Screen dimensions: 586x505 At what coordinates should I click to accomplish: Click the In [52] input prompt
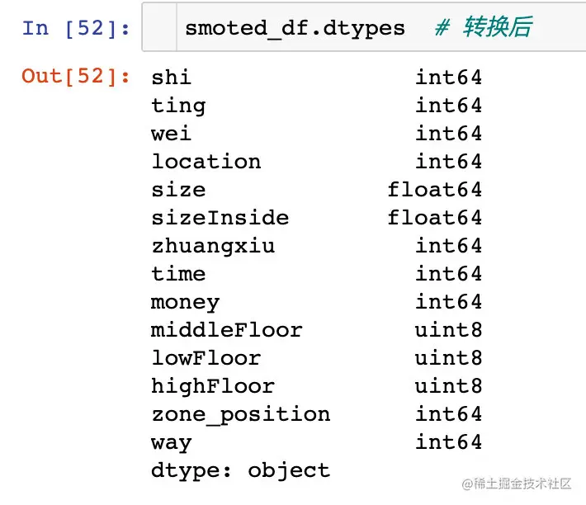point(76,28)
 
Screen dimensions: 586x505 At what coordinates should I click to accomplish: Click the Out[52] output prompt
point(76,77)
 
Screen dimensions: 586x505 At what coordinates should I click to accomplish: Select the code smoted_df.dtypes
point(295,28)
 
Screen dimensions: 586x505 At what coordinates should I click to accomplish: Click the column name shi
point(171,78)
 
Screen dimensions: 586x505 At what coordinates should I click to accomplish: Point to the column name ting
point(178,106)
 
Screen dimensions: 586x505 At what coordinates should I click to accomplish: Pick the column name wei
point(171,134)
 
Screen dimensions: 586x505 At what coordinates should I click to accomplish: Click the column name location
point(206,162)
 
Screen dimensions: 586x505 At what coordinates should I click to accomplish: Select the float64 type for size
point(435,190)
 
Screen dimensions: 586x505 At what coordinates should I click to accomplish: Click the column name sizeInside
point(220,218)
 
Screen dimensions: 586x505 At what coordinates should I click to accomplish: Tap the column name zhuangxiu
point(213,246)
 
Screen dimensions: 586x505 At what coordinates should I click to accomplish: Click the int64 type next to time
point(448,274)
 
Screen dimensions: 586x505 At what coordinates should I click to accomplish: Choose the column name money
point(185,302)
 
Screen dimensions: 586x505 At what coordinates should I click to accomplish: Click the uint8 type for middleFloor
point(448,330)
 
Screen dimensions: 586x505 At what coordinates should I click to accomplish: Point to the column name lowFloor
point(206,358)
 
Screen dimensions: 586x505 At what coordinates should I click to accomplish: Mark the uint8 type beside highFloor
point(448,386)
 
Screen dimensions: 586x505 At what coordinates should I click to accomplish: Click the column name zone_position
point(240,414)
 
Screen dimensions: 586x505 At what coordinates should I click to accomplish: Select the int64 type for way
point(448,442)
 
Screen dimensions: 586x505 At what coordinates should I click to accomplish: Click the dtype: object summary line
point(240,470)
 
